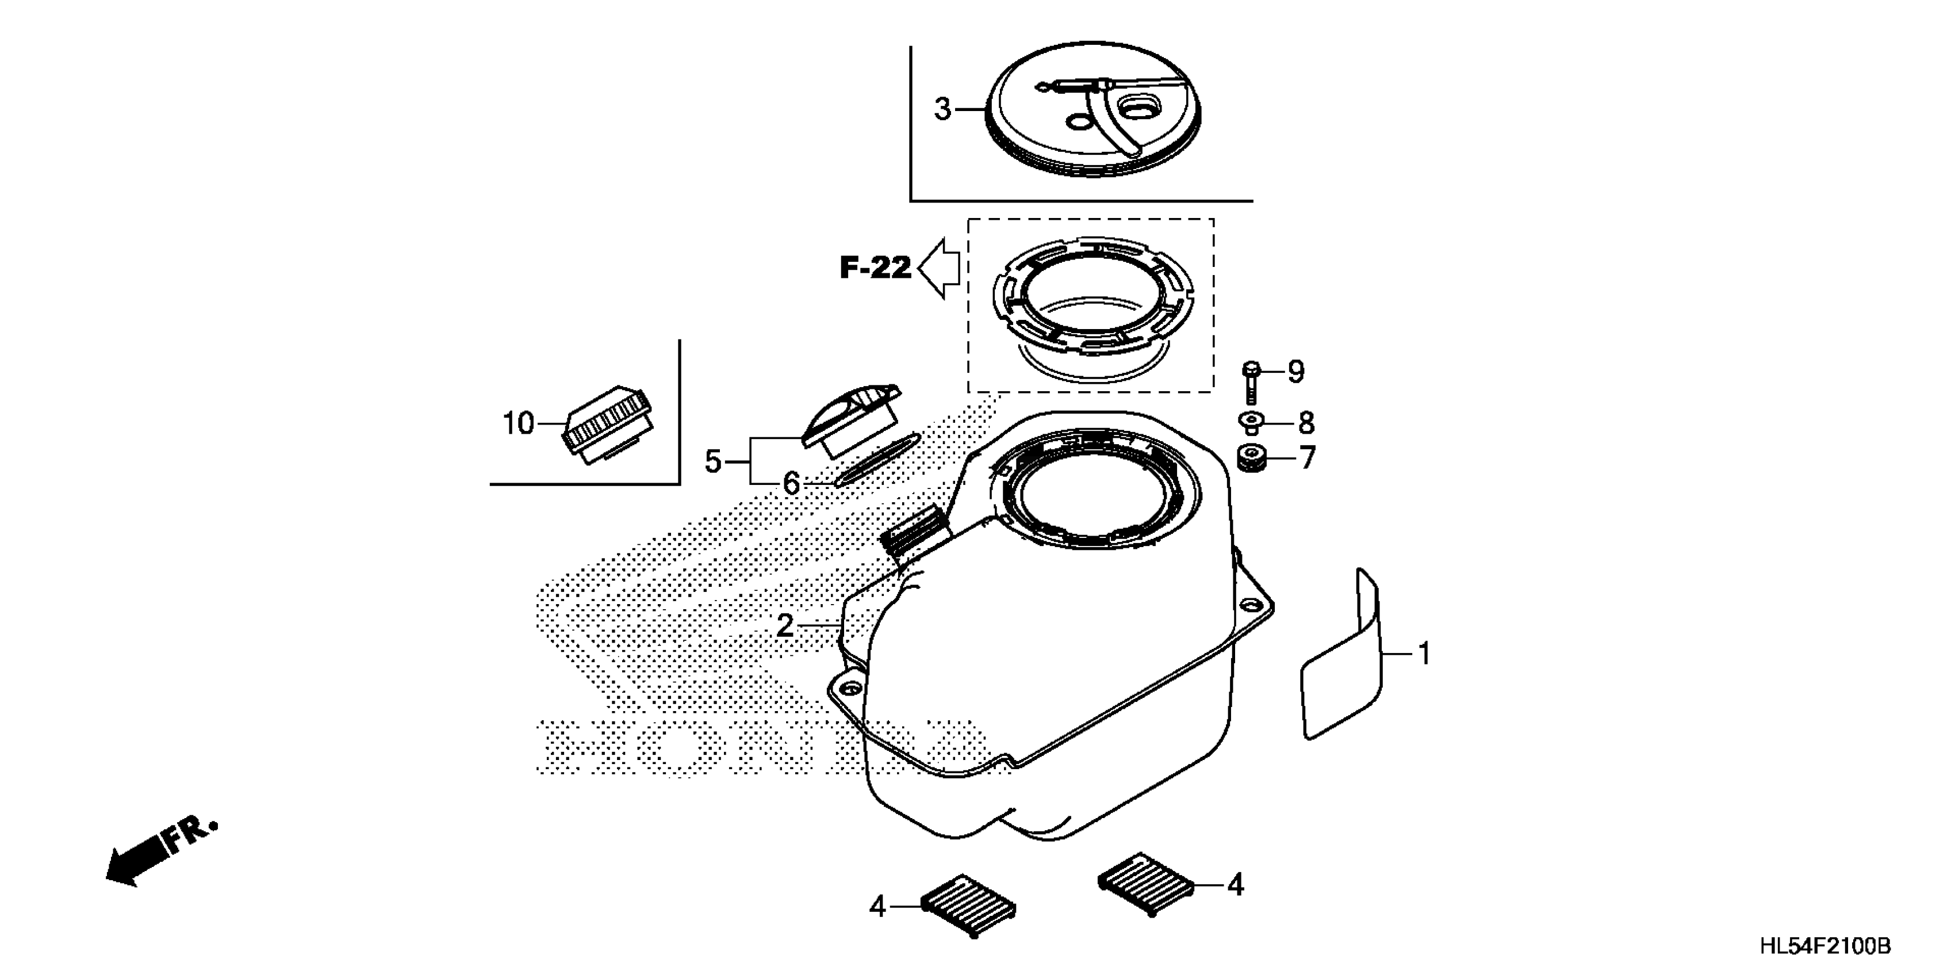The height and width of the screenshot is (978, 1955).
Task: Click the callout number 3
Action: [x=942, y=109]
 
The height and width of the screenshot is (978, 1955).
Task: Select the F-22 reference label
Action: [x=875, y=268]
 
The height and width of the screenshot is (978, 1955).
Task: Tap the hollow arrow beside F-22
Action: [x=940, y=268]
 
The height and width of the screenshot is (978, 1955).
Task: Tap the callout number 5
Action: [x=712, y=461]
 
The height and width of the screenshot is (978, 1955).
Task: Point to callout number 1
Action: [x=1424, y=654]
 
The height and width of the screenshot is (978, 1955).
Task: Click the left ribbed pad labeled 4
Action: [x=969, y=906]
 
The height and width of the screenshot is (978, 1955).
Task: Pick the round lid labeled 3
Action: [x=1093, y=109]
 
